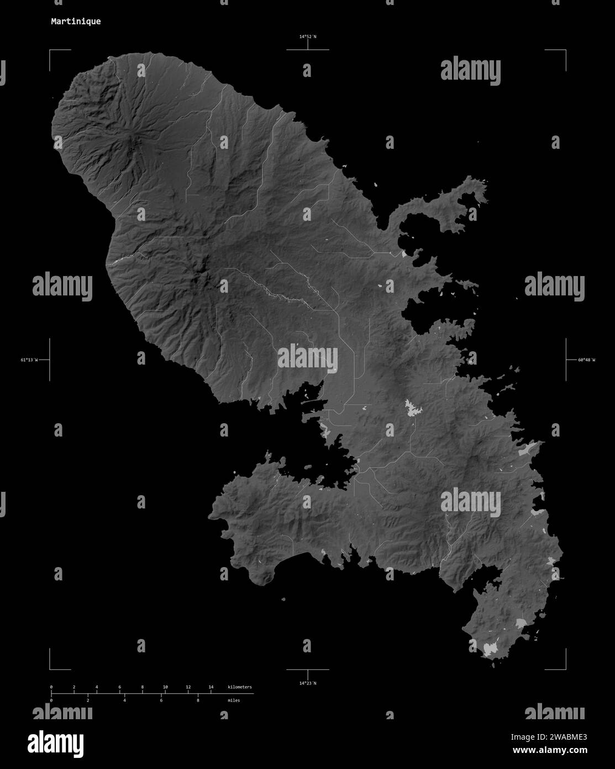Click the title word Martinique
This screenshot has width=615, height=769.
coord(76,22)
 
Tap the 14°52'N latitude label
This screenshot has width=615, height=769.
coord(308,37)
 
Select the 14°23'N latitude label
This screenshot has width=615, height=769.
coord(308,683)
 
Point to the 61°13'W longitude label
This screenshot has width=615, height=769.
coord(29,360)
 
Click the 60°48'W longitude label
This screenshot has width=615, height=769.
coord(586,360)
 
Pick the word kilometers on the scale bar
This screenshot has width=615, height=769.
coord(240,687)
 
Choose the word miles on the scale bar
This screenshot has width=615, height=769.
coord(234,700)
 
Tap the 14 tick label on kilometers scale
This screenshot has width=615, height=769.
coord(211,687)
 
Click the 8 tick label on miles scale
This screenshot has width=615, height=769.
coord(198,700)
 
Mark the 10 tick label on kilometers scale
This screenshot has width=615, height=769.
coord(165,687)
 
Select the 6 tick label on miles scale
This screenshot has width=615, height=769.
coord(161,700)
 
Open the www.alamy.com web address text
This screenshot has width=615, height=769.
coord(550,750)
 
